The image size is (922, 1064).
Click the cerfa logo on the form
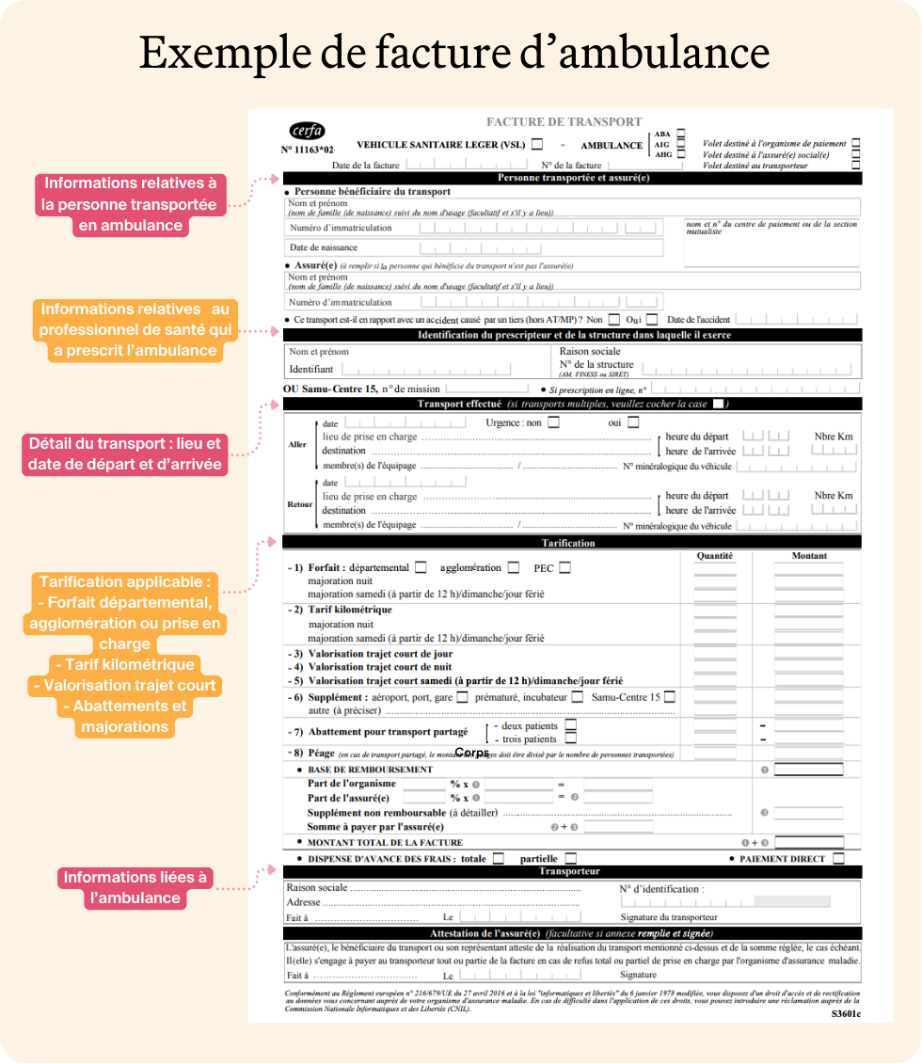click(307, 131)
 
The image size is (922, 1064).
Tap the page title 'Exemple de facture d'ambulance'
click(454, 52)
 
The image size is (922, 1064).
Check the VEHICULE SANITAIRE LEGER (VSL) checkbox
click(537, 145)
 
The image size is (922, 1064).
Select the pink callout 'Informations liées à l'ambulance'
click(135, 887)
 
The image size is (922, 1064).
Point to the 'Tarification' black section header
click(569, 543)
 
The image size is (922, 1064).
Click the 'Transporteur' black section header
click(569, 871)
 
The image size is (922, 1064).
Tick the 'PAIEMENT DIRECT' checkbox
click(838, 858)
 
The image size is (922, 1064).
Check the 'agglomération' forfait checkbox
click(514, 567)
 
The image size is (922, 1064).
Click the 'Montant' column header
click(809, 556)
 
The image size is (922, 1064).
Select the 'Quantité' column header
click(715, 556)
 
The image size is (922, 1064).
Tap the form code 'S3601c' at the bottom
click(846, 1015)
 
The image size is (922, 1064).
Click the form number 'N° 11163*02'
click(308, 150)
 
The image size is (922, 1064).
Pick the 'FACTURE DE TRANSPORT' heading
click(564, 121)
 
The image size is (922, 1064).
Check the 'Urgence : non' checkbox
click(553, 422)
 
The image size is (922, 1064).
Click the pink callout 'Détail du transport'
click(125, 453)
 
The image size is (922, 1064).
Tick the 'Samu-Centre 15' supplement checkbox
click(669, 697)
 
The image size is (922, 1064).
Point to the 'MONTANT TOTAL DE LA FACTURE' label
click(386, 843)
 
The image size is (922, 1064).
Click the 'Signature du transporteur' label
click(669, 917)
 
